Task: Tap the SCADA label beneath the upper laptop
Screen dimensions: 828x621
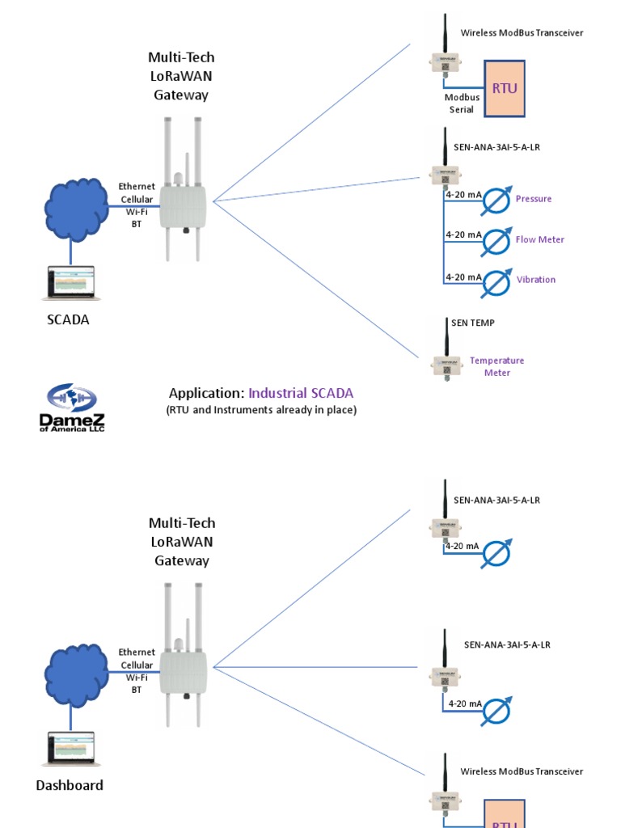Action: (68, 319)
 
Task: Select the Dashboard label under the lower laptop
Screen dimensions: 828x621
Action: (70, 785)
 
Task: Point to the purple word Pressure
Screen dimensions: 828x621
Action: (534, 199)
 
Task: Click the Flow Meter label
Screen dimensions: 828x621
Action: (539, 239)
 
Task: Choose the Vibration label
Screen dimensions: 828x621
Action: (536, 280)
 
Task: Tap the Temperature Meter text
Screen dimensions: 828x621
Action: (496, 366)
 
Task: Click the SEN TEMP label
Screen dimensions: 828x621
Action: (473, 323)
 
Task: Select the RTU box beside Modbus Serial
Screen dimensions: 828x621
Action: (504, 89)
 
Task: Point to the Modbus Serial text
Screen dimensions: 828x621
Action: (462, 103)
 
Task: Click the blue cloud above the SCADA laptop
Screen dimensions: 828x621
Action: (75, 209)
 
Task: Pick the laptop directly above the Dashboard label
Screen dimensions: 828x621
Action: (70, 750)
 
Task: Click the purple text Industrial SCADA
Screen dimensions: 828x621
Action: (301, 393)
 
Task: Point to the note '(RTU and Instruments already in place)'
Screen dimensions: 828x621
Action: (261, 410)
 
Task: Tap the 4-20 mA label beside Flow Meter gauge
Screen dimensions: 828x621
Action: (463, 234)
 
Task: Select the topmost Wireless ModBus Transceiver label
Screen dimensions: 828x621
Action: (522, 33)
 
